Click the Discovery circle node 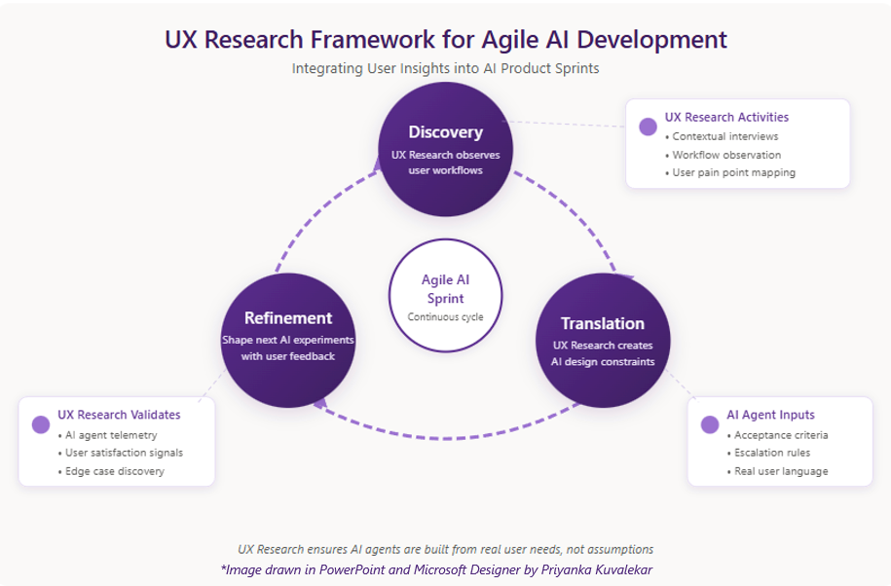click(444, 149)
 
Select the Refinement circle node click(288, 339)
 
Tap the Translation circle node click(603, 341)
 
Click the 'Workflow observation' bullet click(725, 155)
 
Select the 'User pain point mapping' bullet click(733, 172)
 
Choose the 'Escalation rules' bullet click(771, 453)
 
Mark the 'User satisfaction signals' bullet click(120, 453)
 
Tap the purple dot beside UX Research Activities click(648, 127)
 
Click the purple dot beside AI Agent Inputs click(709, 424)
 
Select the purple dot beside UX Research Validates click(41, 424)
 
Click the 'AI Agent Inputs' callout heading click(770, 415)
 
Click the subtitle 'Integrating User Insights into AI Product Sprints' click(445, 69)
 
